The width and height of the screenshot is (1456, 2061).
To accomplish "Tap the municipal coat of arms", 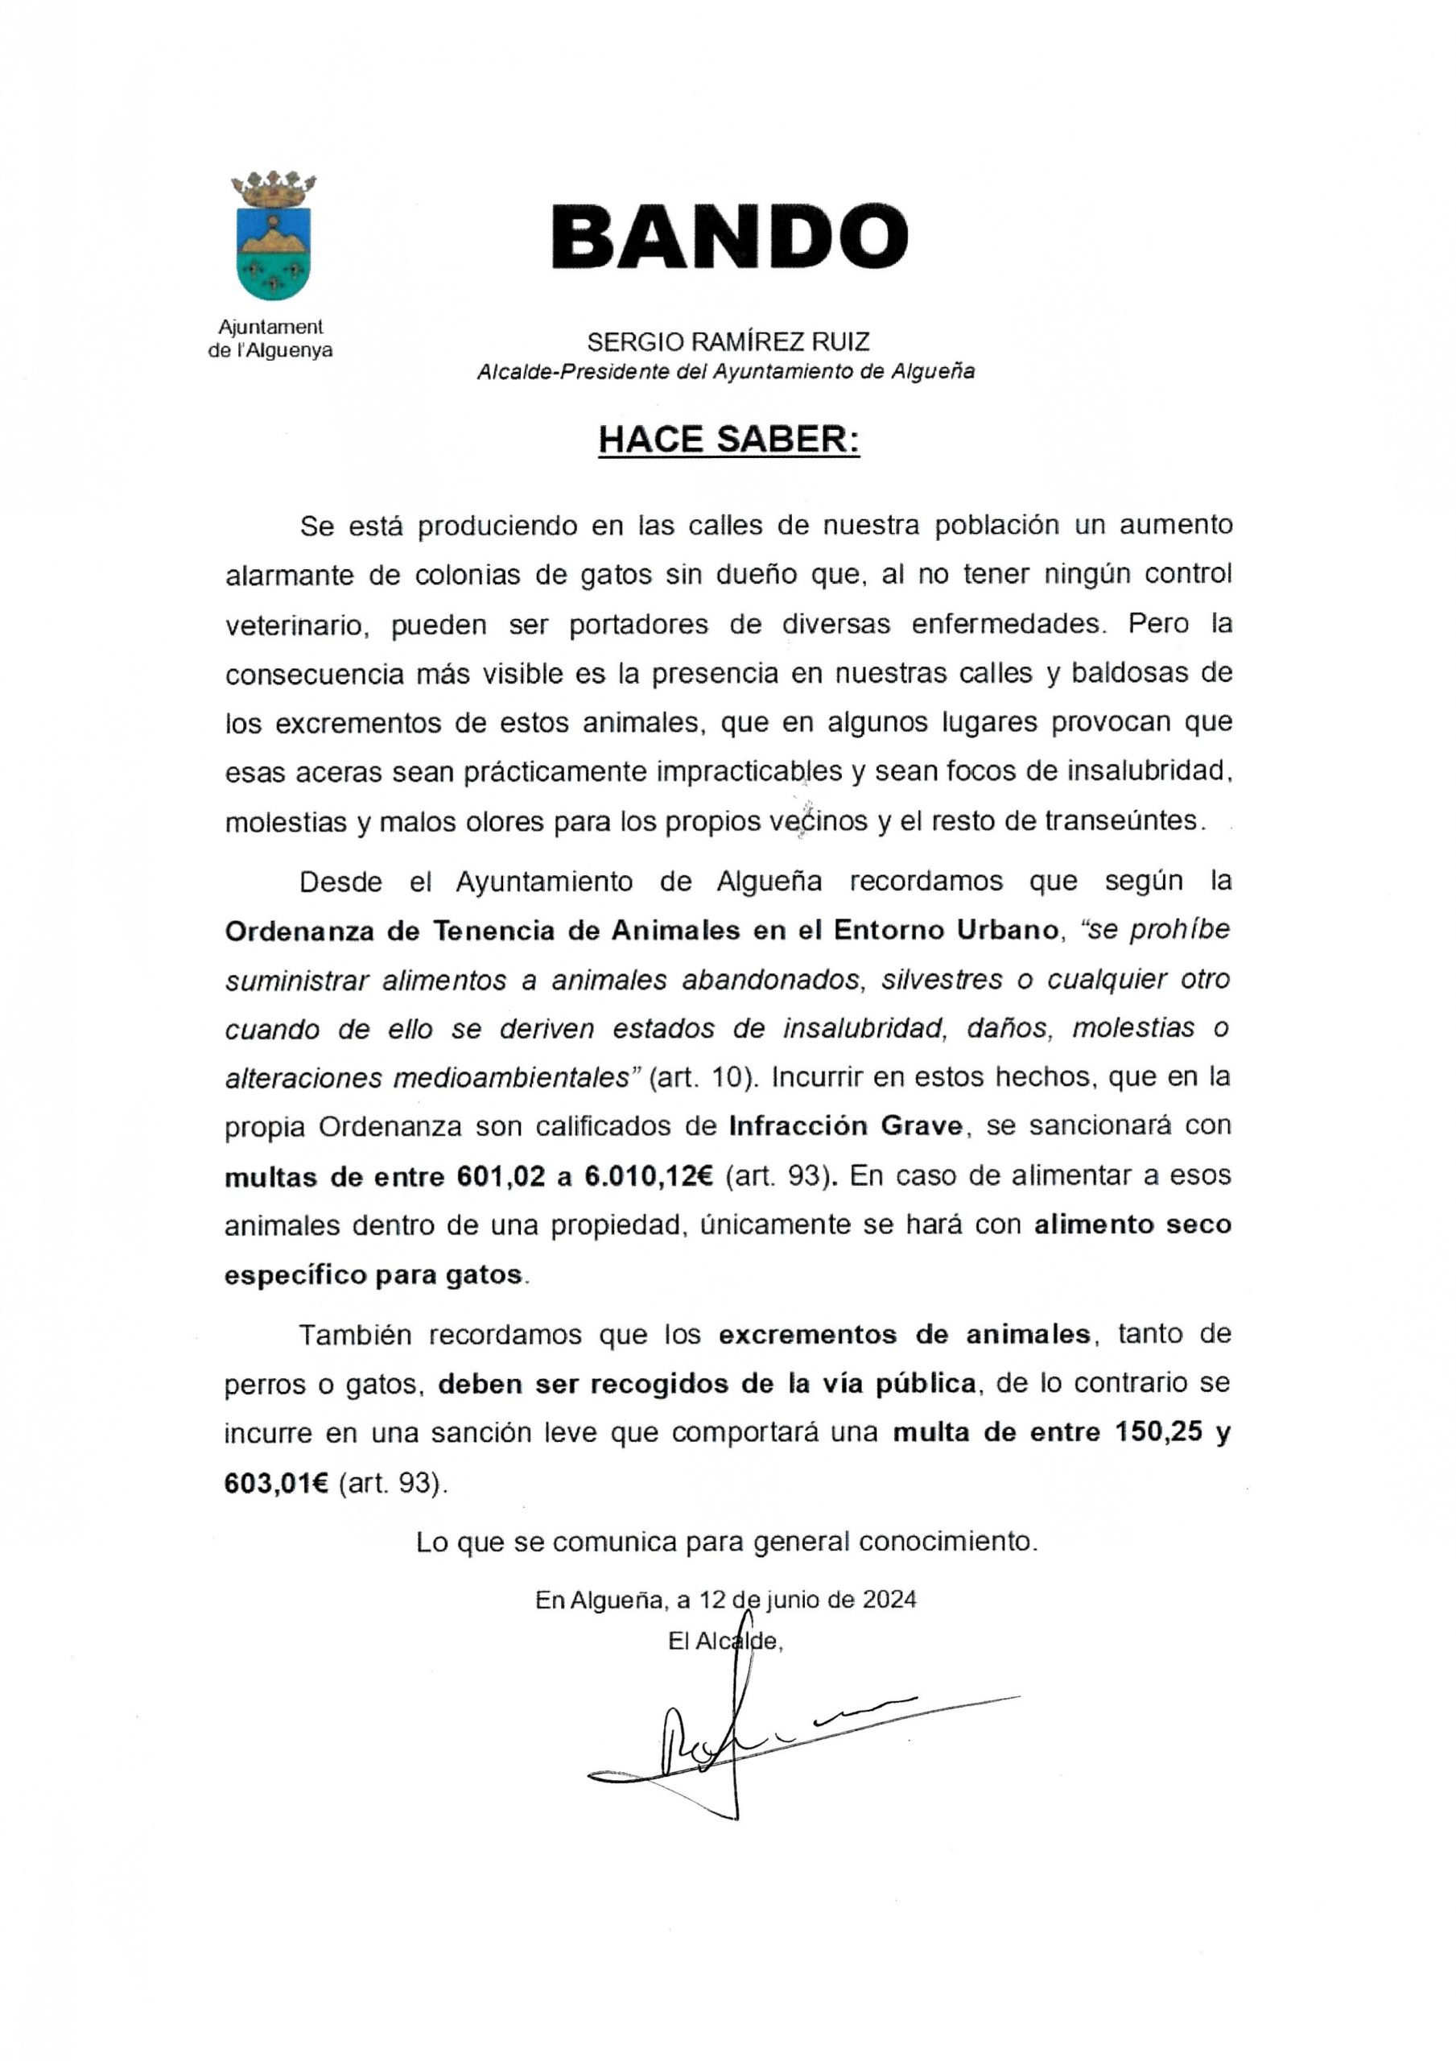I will [273, 237].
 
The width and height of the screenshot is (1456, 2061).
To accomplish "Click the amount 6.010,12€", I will [648, 1176].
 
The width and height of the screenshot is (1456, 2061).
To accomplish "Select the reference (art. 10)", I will [703, 1077].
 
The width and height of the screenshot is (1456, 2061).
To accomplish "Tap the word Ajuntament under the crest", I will [270, 328].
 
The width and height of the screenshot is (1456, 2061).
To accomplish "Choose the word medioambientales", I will [512, 1077].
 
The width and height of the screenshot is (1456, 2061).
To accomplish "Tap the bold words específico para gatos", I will [373, 1274].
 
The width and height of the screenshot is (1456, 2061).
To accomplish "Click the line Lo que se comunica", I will [727, 1543].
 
